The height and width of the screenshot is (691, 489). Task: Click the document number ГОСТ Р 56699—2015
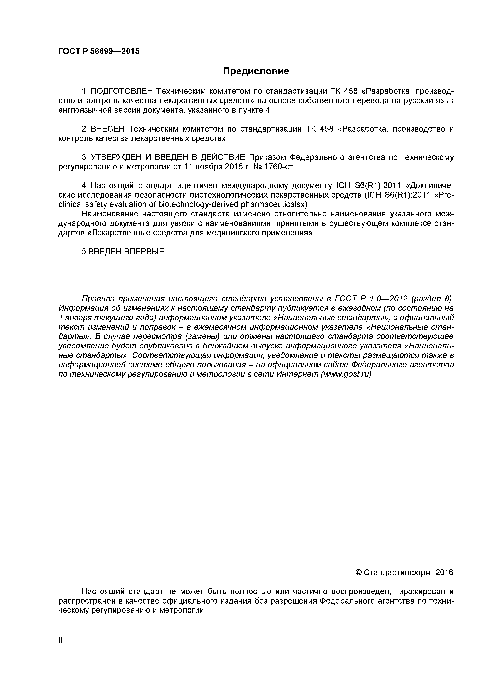pyautogui.click(x=99, y=51)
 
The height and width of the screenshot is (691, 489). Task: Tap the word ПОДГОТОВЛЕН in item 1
pyautogui.click(x=122, y=91)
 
